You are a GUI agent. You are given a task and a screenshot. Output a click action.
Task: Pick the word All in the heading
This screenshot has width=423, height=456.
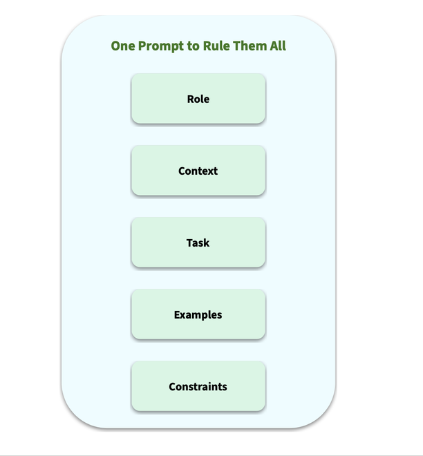point(278,46)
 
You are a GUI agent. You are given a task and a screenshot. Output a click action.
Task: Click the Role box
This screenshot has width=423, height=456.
point(198,99)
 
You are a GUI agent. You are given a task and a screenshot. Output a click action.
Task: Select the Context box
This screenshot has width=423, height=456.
point(198,171)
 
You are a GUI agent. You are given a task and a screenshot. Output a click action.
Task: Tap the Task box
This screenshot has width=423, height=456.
point(198,243)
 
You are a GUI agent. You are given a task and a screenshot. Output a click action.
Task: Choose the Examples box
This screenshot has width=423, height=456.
point(198,314)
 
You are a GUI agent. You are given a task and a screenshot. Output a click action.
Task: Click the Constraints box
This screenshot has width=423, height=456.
point(198,386)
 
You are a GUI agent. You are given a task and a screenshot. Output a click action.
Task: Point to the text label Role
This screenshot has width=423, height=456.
point(198,99)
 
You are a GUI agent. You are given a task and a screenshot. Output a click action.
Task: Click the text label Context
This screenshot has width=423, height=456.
point(198,171)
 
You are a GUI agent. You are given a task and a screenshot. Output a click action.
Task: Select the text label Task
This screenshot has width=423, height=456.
point(198,243)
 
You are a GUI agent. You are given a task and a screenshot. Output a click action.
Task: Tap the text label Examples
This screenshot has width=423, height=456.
point(198,314)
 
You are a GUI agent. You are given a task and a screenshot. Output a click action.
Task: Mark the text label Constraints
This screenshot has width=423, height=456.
point(198,386)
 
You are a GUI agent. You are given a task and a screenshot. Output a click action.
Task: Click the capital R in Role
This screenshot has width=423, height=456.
point(191,99)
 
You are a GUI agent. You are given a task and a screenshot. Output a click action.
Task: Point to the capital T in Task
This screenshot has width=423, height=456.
point(190,243)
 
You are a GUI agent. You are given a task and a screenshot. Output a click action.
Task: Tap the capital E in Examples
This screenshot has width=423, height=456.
point(177,314)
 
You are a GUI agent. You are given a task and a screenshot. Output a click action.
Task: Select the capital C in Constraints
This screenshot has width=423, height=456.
point(172,386)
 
